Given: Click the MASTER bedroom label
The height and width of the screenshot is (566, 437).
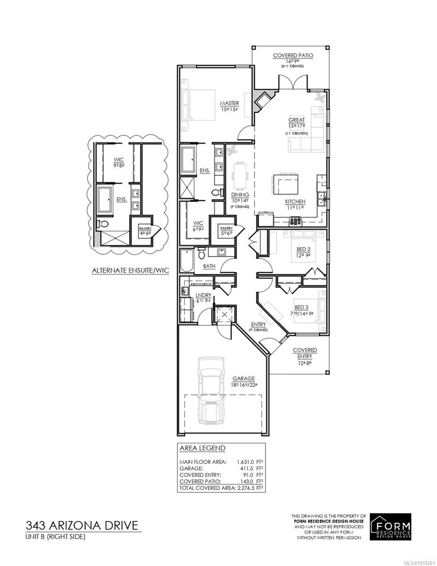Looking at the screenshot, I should click(230, 103).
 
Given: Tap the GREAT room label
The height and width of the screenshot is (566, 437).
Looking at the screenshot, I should click(297, 120).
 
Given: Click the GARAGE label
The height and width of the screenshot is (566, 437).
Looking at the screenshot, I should click(243, 378).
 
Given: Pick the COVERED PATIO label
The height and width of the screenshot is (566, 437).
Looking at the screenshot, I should click(293, 55).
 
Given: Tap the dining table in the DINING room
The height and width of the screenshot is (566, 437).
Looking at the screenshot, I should click(240, 175).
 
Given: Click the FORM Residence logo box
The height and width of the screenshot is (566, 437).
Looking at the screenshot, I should click(391, 526).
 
